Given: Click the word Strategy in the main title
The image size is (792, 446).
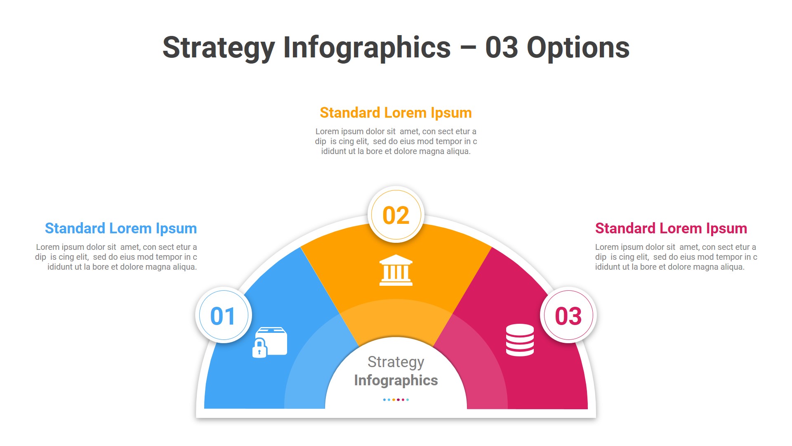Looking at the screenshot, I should click(x=218, y=48).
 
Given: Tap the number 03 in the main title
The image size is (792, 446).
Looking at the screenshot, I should click(x=501, y=48).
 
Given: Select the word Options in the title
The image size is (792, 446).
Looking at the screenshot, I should click(x=578, y=48).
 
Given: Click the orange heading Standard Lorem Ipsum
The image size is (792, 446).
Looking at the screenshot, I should click(x=396, y=113).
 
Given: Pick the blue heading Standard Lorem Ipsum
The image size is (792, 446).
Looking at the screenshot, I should click(x=121, y=228).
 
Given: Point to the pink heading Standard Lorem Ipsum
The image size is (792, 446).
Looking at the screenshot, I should click(x=671, y=228).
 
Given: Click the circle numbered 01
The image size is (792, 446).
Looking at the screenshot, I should click(x=224, y=316).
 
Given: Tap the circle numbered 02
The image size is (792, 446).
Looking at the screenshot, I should click(x=396, y=215).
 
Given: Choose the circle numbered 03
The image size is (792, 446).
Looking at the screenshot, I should click(x=568, y=316).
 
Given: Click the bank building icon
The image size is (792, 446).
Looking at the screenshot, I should click(x=396, y=270).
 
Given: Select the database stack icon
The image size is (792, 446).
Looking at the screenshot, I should click(x=520, y=340).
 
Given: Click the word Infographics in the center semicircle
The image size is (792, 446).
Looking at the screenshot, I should click(x=396, y=380).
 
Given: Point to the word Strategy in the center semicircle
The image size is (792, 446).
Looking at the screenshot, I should click(x=396, y=362).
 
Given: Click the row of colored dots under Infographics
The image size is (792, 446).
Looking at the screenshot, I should click(x=396, y=400).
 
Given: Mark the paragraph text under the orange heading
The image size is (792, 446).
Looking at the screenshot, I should click(x=396, y=141).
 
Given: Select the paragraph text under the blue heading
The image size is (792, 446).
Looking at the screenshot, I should click(x=116, y=257).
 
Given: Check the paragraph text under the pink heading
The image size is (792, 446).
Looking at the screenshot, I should click(x=676, y=257).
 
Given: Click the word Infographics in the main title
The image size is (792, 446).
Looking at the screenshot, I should click(x=367, y=48).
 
